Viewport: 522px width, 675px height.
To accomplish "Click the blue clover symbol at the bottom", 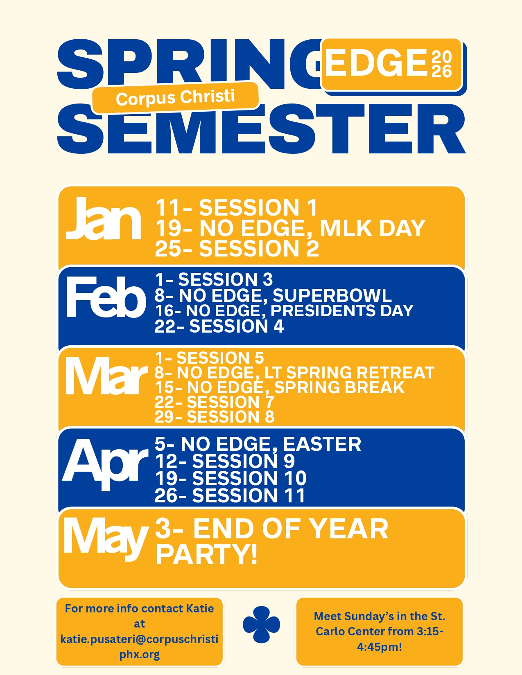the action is [261, 624].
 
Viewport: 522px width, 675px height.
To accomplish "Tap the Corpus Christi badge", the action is [175, 97].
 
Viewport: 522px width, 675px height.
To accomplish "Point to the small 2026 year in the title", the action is [441, 64].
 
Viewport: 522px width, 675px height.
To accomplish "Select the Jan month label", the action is [104, 218].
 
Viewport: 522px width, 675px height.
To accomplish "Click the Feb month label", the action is [106, 297].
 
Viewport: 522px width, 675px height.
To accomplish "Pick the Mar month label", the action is [106, 376].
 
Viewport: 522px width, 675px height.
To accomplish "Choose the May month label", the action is [106, 540].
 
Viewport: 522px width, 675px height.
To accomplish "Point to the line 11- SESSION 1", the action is [236, 207].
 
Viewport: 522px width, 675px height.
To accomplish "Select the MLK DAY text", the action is [373, 228].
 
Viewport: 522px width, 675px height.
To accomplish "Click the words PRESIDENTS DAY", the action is [342, 310].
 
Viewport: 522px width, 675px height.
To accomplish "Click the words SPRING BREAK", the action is [339, 387].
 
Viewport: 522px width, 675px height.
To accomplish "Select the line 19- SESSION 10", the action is [231, 478].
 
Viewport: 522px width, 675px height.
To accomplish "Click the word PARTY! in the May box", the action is [206, 554].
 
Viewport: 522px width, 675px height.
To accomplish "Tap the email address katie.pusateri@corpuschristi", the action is [139, 639].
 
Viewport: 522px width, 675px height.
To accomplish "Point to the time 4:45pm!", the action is [379, 647].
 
